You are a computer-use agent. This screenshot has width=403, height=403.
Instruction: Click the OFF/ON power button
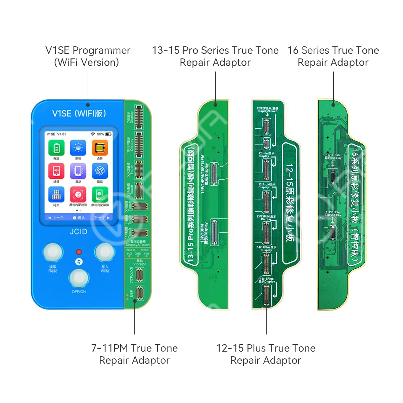(x=79, y=278)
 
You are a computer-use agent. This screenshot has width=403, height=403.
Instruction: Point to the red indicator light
(x=79, y=252)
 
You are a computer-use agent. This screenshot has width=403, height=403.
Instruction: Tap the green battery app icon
(x=56, y=148)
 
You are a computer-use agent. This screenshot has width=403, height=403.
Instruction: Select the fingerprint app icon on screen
(x=100, y=171)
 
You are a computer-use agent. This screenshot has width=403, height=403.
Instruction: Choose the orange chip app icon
(x=100, y=148)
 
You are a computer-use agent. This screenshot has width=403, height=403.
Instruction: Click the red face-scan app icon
(x=78, y=194)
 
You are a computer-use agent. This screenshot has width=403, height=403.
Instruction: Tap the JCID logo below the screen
(x=79, y=232)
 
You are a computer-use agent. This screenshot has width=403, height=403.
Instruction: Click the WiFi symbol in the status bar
(x=93, y=134)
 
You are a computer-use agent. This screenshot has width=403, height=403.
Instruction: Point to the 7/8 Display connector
(x=139, y=118)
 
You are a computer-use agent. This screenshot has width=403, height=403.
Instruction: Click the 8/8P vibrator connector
(x=139, y=293)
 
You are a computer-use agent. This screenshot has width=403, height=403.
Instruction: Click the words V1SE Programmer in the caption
(x=88, y=50)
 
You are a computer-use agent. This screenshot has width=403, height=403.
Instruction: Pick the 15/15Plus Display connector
(x=266, y=295)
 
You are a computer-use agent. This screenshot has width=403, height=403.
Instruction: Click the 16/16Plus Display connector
(x=333, y=177)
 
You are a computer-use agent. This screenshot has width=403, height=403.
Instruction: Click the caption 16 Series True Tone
(x=333, y=50)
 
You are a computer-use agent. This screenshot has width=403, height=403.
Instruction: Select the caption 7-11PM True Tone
(x=134, y=348)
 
